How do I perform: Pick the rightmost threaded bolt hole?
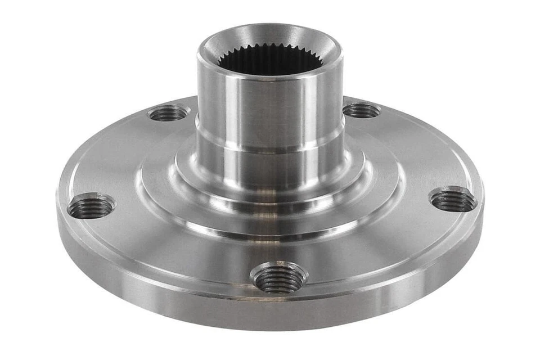point(453,200)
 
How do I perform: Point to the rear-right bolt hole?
point(362,110)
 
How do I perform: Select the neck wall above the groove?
point(270,101)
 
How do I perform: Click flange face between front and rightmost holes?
point(382,253)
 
